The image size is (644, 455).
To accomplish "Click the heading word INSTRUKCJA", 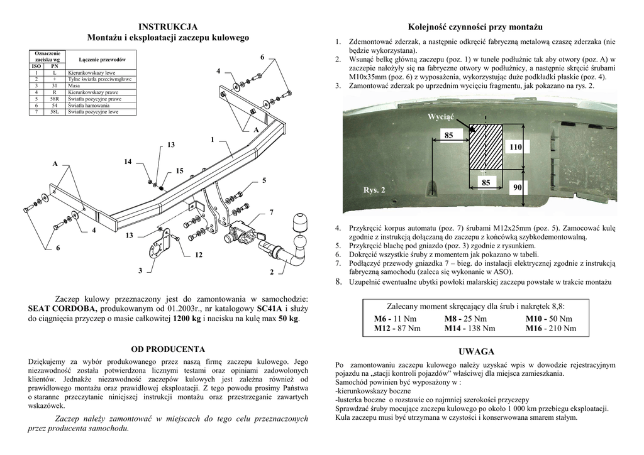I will tap(168, 26).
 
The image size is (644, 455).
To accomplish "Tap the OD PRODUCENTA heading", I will tap(168, 348).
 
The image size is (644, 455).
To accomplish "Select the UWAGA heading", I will tap(476, 351).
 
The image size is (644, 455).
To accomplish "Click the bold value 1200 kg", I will tap(187, 319).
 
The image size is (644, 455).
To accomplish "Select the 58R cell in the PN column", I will tap(54, 99).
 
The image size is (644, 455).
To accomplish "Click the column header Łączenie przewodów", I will tap(99, 58).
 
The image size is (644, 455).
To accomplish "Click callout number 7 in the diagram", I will tap(271, 212).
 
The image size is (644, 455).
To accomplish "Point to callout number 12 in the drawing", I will tap(199, 255).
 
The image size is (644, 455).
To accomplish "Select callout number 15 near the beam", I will tap(179, 171).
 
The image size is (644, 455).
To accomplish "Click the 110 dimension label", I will tap(516, 146).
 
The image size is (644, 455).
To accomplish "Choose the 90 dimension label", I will tap(516, 188).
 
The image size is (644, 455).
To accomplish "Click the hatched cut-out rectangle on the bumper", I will tap(486, 146).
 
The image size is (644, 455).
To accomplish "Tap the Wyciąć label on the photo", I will tap(440, 117).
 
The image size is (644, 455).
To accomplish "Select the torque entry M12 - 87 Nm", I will tap(397, 328).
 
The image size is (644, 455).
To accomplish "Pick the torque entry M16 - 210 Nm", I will tap(551, 328).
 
